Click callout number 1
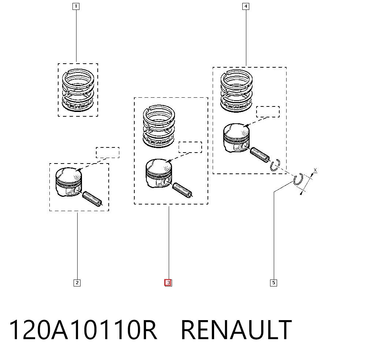pos(76,6)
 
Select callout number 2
pos(77,283)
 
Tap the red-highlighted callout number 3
pos(168,283)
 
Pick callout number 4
pos(246,6)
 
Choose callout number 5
pos(273,283)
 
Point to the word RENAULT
pos(236,330)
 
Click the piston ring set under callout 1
pos(78,90)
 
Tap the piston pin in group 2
pos(93,199)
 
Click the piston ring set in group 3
pos(159,126)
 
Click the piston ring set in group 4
pos(236,90)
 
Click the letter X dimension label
pos(315,170)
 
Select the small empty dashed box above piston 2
pos(108,153)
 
